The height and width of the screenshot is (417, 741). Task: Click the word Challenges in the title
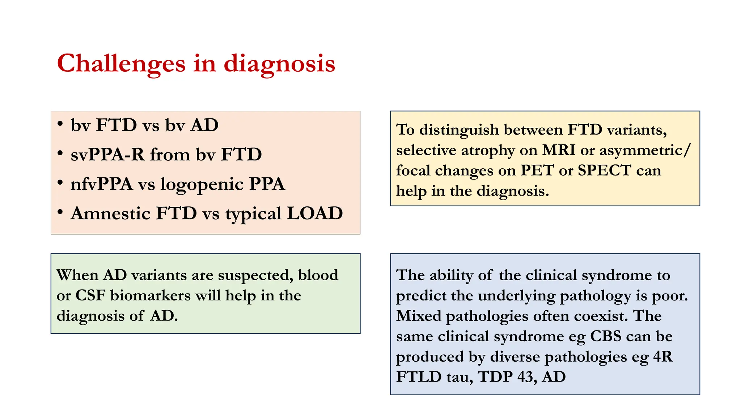point(121,64)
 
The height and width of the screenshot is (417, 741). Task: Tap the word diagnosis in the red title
point(279,64)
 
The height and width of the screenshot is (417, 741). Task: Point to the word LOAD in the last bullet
point(314,213)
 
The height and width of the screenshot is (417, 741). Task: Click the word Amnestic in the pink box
point(110,213)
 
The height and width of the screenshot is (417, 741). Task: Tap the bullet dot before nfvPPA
point(60,182)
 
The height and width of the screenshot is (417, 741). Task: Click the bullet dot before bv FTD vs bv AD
point(60,123)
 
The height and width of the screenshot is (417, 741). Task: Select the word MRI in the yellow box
point(558,150)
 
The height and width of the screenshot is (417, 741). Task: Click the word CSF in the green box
point(90,295)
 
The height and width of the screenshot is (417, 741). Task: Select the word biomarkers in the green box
point(150,295)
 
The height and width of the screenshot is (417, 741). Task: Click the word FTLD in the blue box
point(419,377)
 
